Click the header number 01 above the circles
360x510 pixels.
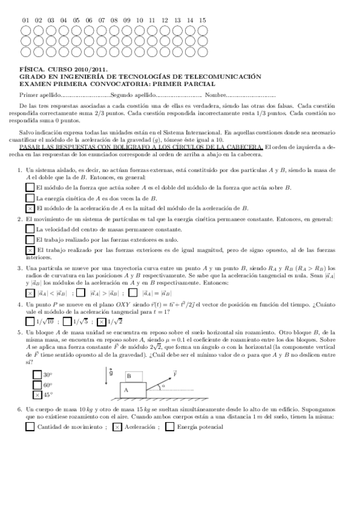(x=26, y=20)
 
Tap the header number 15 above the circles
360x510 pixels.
(x=203, y=20)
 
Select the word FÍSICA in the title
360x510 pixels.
(x=31, y=70)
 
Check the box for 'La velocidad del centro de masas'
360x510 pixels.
(x=30, y=229)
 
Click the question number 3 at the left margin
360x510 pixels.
(x=20, y=268)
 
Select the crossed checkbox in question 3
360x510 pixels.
(x=30, y=293)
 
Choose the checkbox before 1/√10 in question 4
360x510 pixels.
(x=30, y=322)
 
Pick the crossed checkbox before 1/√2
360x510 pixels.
(x=102, y=322)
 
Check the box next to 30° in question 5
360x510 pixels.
(x=37, y=375)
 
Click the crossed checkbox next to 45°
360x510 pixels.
(x=37, y=395)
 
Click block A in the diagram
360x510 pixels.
(x=126, y=389)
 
